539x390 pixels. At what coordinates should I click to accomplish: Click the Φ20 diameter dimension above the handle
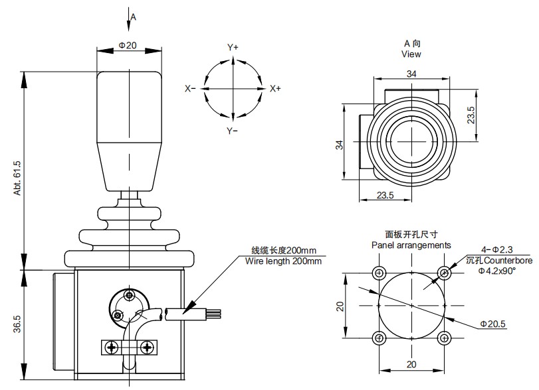point(128,44)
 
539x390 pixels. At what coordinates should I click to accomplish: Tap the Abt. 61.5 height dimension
point(18,177)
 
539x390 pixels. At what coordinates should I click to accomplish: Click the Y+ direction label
point(233,48)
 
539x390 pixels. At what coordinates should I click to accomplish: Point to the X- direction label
point(190,89)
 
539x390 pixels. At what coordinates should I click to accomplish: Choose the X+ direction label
point(275,89)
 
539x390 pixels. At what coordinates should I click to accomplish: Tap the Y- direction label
point(233,131)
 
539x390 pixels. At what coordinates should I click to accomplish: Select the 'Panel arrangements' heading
point(411,245)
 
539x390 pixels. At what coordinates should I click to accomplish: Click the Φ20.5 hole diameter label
point(494,324)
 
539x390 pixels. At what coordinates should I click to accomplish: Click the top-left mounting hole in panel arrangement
point(379,273)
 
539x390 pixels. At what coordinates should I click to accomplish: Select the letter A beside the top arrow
point(133,17)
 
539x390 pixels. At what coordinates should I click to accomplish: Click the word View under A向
point(411,54)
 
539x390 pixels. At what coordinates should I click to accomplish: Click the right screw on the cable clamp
point(147,346)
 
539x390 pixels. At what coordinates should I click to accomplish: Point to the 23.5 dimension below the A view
point(385,195)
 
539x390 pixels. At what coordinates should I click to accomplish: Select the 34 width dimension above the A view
point(411,74)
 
